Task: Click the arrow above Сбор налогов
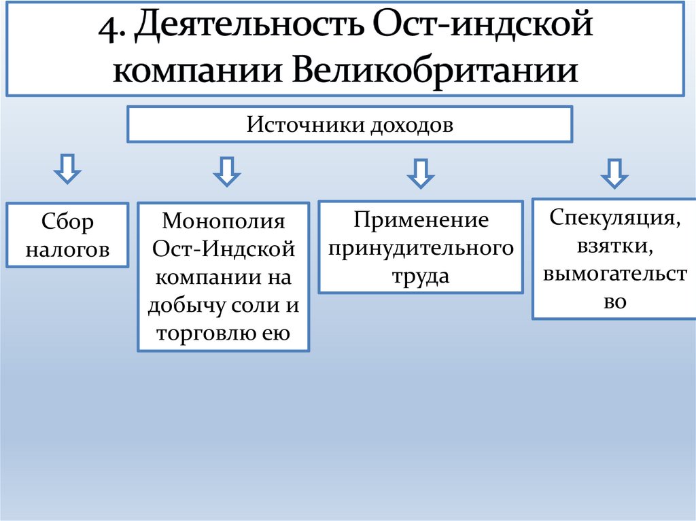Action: (x=67, y=170)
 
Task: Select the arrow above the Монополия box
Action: (x=226, y=172)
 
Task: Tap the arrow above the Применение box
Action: (x=421, y=173)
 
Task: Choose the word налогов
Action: (x=67, y=249)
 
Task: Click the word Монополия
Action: (x=224, y=221)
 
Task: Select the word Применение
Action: (x=421, y=220)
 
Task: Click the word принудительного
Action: (x=421, y=249)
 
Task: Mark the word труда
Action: (x=420, y=276)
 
